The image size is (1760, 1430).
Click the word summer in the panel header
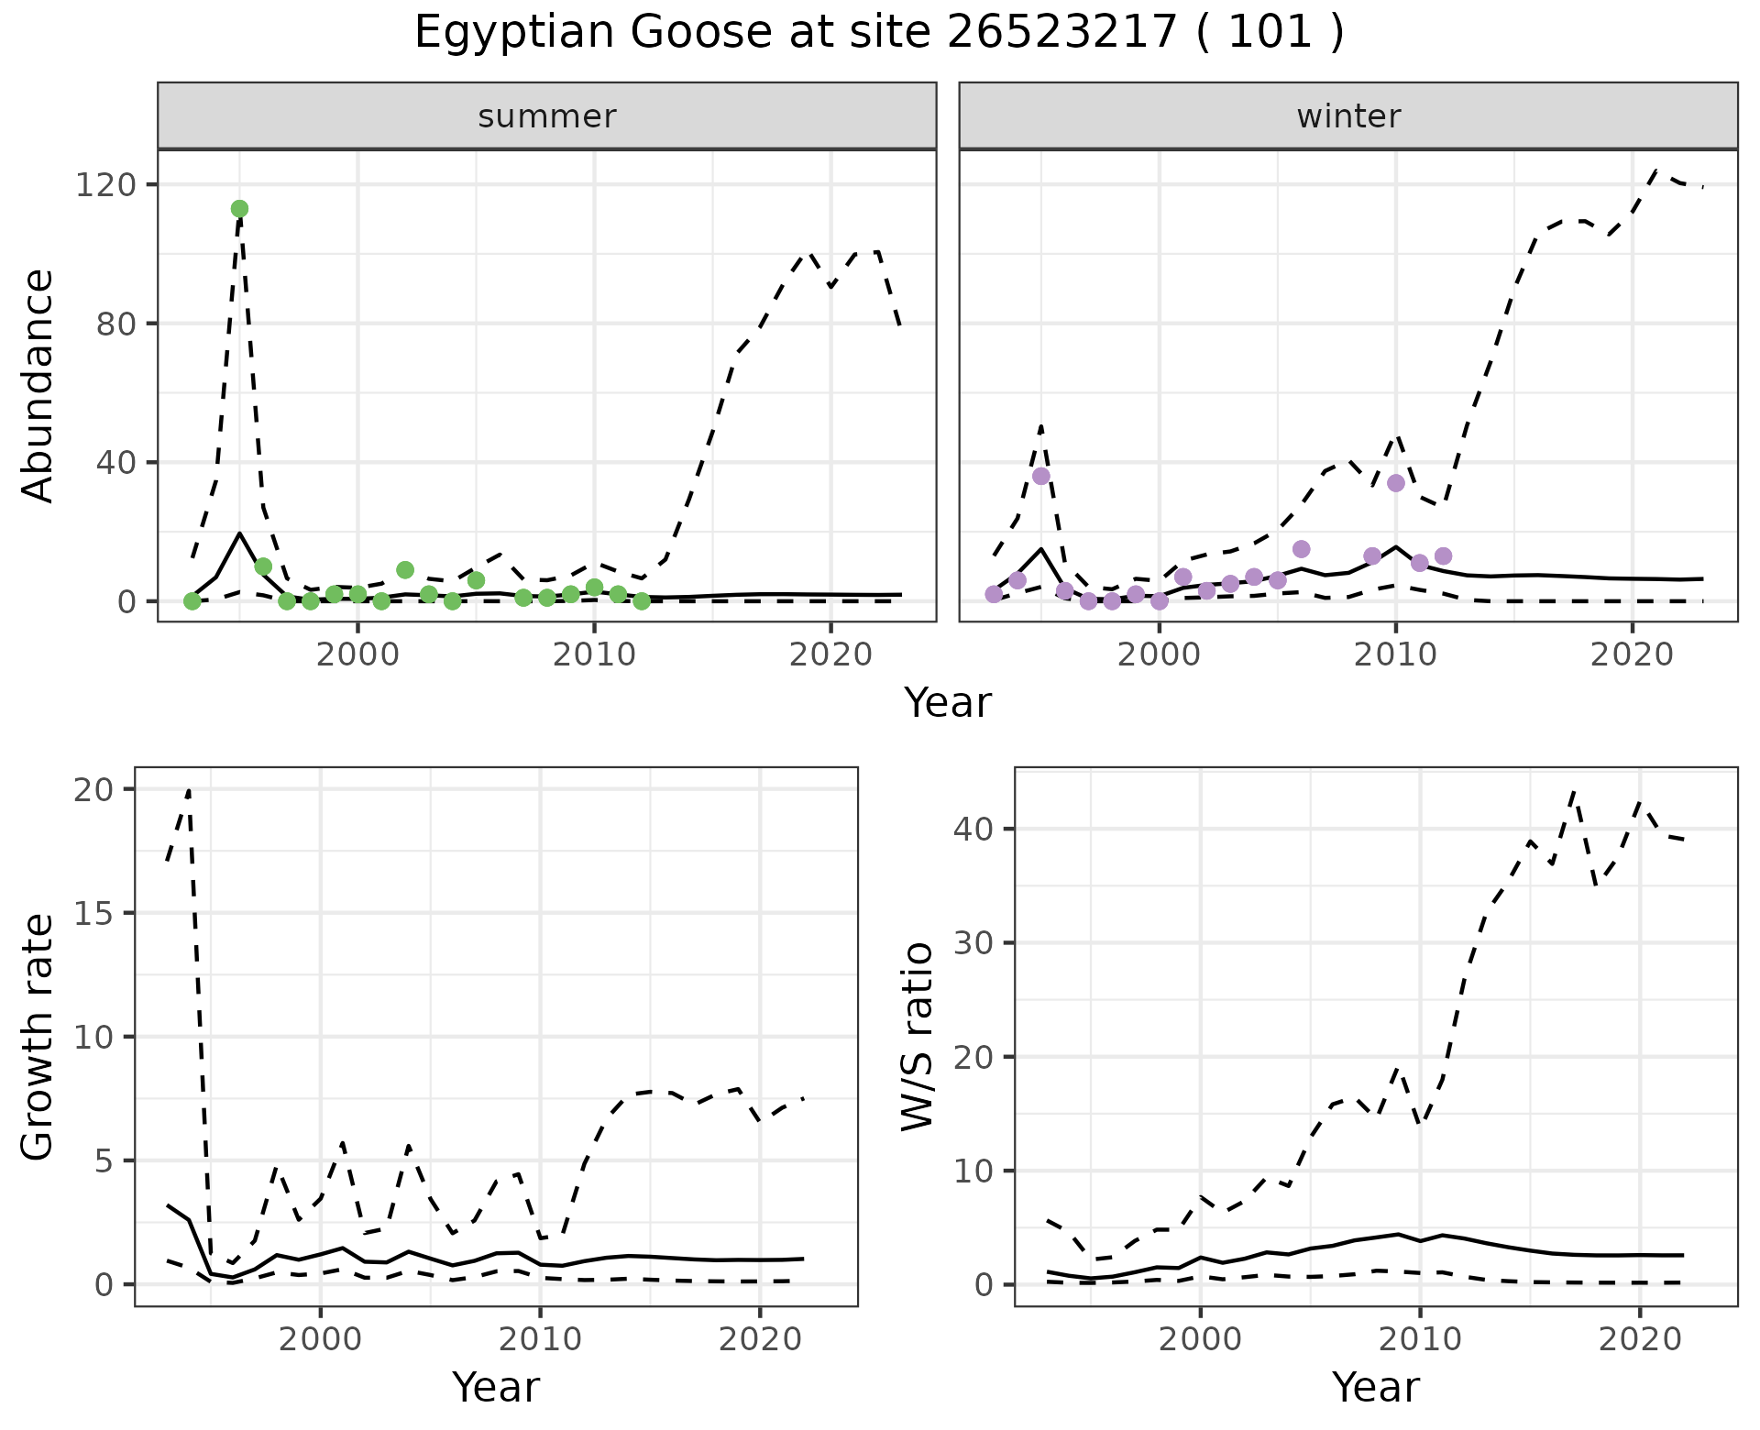pos(546,116)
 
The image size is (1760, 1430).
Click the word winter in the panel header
pos(1348,116)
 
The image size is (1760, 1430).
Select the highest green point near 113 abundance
pos(239,209)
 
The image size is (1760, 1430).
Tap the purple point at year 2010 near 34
pos(1396,483)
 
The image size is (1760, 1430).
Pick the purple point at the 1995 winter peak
pos(1041,476)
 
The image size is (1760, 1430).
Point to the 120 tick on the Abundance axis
pos(103,185)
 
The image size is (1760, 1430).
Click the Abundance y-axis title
pos(38,385)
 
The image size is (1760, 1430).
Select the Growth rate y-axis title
pos(38,1036)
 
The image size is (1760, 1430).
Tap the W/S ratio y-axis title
pos(918,1036)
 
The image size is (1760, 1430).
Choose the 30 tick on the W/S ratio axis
pos(973,942)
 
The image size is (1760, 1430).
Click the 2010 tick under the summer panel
pos(594,654)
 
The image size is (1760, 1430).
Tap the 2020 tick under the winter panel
pos(1632,654)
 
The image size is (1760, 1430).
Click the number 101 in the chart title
pos(1270,33)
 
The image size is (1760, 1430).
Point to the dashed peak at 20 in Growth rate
pos(189,789)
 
